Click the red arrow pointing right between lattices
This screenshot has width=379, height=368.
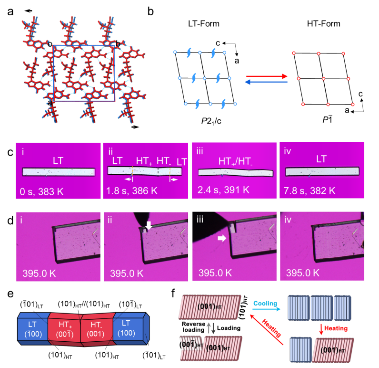tap(267, 76)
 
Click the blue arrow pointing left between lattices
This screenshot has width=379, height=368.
tap(267, 82)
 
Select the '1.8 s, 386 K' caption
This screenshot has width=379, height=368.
tap(131, 191)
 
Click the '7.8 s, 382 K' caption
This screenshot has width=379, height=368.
tap(310, 191)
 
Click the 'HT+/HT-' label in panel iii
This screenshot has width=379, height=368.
tap(234, 161)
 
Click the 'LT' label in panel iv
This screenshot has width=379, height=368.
tap(321, 159)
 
